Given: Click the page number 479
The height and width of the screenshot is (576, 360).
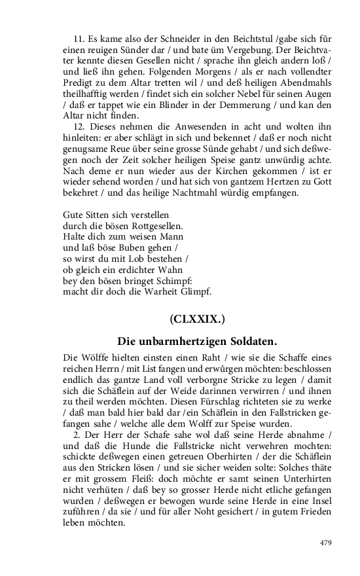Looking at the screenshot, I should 325,543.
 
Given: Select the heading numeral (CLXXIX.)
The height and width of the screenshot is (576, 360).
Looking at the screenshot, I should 197,319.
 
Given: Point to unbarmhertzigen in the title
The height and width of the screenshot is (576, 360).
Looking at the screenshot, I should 176,341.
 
